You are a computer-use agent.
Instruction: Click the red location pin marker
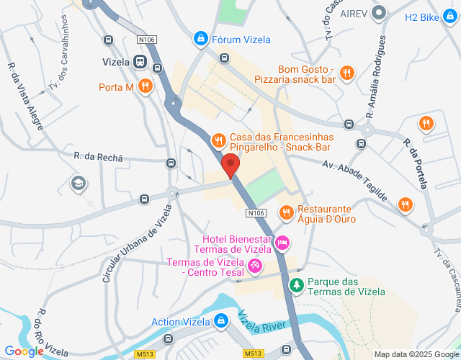(x=230, y=165)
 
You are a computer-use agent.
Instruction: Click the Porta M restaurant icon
(x=146, y=87)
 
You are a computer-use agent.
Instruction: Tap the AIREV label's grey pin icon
(x=382, y=13)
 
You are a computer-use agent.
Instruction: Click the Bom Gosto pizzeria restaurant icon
(x=347, y=72)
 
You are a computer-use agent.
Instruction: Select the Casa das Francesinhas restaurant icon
(x=218, y=140)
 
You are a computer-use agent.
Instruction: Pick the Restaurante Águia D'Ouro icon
(x=287, y=212)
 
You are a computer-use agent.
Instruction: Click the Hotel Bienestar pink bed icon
(x=282, y=244)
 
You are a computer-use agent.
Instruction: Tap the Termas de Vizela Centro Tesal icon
(x=254, y=266)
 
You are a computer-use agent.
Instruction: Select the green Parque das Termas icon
(x=296, y=286)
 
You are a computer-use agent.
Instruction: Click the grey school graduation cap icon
(x=76, y=184)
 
